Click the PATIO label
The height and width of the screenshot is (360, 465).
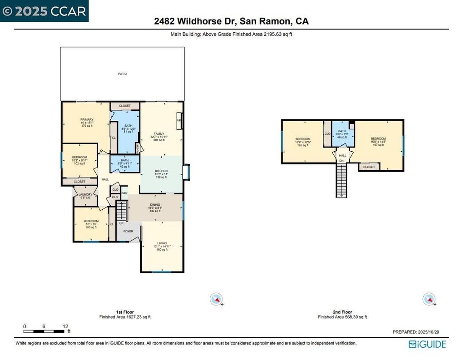123,74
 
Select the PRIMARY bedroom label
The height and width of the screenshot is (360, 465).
87,120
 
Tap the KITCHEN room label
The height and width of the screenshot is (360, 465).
161,171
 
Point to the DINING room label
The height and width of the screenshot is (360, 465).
155,205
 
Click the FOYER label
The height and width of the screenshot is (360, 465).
128,231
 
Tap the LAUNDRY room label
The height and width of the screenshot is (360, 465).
85,194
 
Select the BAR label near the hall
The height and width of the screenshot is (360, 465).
124,193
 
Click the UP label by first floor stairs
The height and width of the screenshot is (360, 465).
121,223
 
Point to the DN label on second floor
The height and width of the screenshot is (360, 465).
341,161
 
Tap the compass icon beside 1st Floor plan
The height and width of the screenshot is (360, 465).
217,299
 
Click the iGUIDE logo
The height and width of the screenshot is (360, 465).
427,344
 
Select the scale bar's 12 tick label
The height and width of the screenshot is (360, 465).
65,326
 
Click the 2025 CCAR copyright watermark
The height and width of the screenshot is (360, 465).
45,11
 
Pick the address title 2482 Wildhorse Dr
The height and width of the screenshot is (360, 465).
232,21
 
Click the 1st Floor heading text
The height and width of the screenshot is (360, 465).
125,312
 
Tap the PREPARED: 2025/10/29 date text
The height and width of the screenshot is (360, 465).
420,332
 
